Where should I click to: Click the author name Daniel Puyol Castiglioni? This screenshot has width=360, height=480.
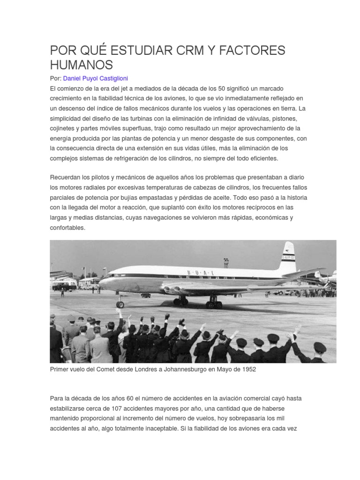tap(95, 78)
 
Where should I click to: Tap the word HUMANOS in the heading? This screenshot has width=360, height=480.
tap(82, 64)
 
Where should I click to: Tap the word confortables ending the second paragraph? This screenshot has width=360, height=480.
tap(67, 227)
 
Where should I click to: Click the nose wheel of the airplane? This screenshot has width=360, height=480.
tap(120, 304)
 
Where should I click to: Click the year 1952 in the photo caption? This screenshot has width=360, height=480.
tap(248, 369)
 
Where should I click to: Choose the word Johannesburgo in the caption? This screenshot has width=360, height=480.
tap(190, 369)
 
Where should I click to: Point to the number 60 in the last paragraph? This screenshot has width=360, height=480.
tap(116, 398)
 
